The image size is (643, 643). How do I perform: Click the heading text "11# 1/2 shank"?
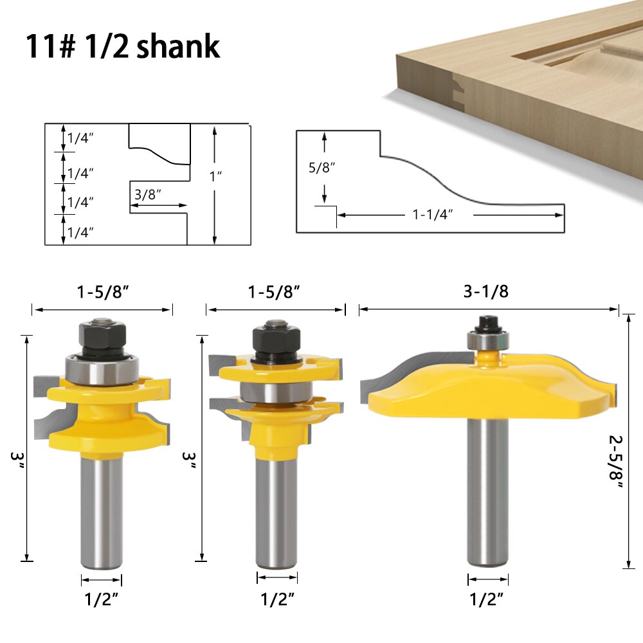tap(123, 46)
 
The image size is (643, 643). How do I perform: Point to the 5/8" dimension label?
tap(322, 167)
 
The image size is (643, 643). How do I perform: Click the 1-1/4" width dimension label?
tap(433, 215)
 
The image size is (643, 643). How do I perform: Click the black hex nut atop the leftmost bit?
tap(101, 334)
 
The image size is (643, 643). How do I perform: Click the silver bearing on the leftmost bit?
tap(101, 372)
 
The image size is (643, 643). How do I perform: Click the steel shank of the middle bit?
tap(276, 508)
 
